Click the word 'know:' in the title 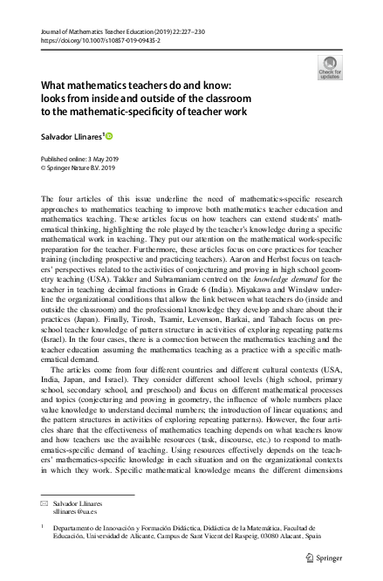(x=210, y=85)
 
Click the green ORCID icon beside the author (x=111, y=135)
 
